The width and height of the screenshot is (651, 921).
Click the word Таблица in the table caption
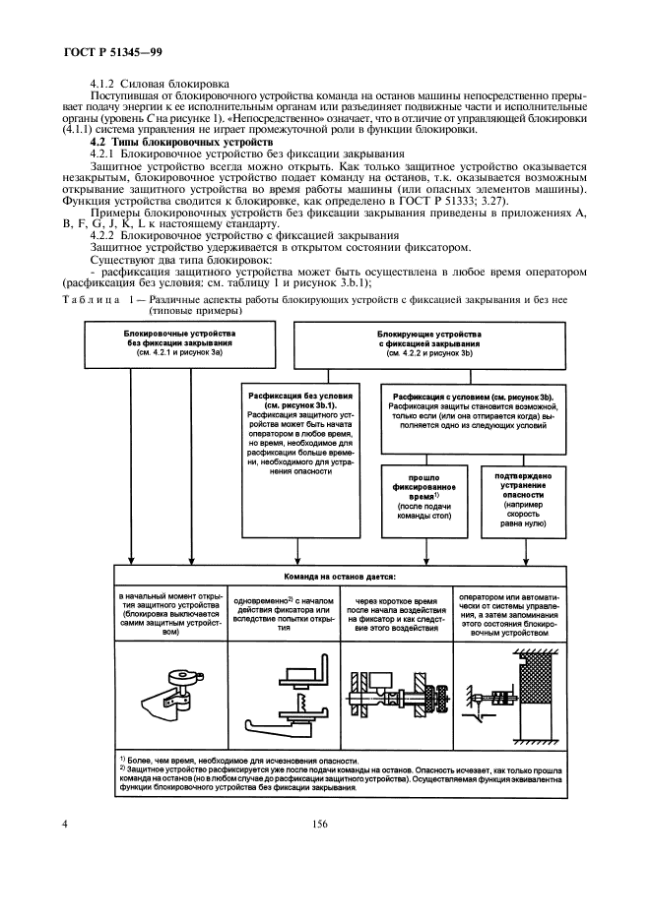[x=89, y=299]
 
